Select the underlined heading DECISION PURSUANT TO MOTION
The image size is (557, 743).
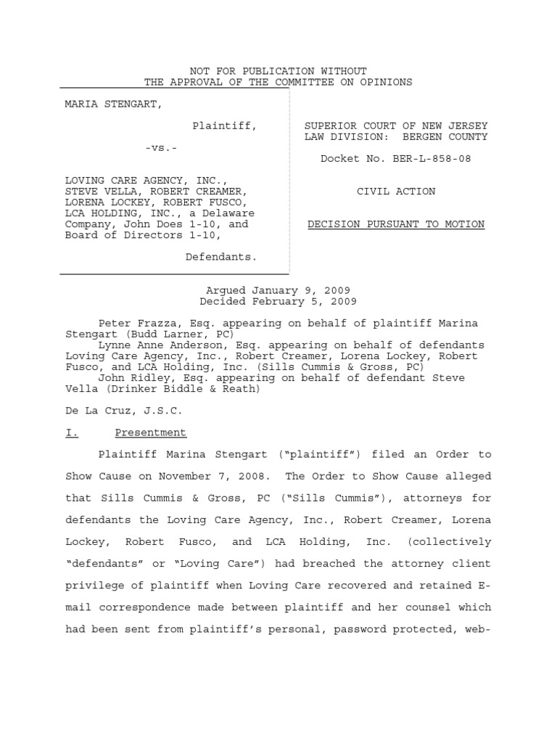pos(396,224)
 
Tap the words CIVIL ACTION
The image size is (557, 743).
pos(396,192)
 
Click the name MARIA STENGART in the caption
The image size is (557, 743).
pos(114,104)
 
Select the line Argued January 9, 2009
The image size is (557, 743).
pos(278,290)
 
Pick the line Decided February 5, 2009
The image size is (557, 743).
pos(278,301)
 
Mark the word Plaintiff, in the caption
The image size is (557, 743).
pos(224,126)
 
